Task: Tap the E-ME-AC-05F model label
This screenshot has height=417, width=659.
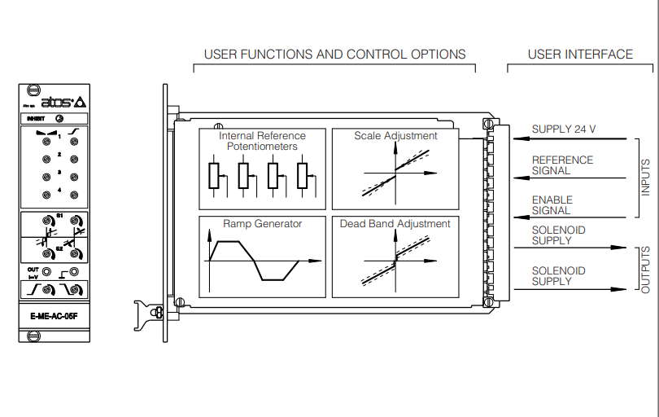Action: [54, 316]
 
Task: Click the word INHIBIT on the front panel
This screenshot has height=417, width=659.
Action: [37, 118]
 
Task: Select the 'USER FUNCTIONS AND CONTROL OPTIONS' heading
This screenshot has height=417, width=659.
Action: [334, 55]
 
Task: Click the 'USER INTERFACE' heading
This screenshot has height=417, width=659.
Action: [580, 55]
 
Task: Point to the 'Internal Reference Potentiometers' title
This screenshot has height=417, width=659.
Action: [261, 141]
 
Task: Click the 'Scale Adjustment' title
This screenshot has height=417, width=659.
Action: [395, 136]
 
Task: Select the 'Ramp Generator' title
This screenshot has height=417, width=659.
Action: [262, 223]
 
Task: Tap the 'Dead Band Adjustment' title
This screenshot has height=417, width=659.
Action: [395, 223]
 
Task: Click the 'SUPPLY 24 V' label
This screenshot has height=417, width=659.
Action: [564, 129]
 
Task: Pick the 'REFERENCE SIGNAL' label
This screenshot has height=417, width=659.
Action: [562, 165]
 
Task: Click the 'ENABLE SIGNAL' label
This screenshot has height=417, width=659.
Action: [552, 205]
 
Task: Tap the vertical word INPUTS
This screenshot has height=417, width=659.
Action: [645, 177]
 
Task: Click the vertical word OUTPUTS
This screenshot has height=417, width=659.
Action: [645, 269]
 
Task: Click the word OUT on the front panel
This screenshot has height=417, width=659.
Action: [33, 269]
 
